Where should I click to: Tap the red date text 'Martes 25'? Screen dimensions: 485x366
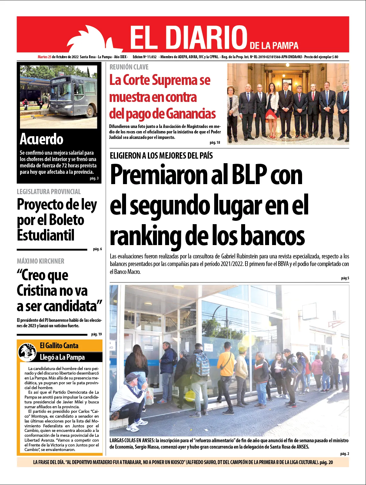(x=44, y=57)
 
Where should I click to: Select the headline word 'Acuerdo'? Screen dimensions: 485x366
(x=42, y=139)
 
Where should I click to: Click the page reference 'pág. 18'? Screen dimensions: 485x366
(x=215, y=143)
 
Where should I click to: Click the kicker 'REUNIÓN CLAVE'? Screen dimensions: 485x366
(x=129, y=67)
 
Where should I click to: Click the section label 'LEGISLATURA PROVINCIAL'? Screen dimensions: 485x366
(x=49, y=192)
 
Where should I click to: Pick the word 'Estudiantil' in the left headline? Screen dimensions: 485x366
(x=46, y=235)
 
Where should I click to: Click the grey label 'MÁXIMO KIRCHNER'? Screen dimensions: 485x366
(x=41, y=261)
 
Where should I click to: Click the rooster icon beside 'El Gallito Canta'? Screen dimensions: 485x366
(x=27, y=352)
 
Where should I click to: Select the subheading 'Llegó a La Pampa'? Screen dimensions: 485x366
(x=62, y=357)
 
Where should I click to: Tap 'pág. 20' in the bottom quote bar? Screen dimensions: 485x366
(x=326, y=462)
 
